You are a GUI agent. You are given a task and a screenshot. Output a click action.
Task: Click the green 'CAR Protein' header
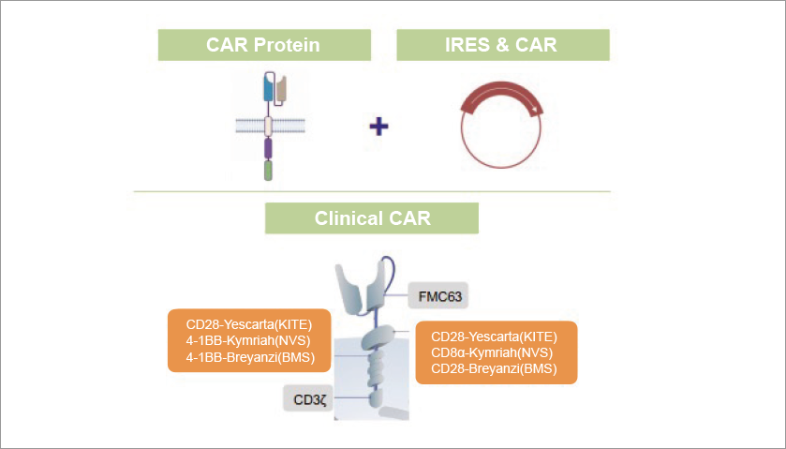pyautogui.click(x=264, y=45)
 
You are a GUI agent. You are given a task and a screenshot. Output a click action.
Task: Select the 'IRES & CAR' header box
pyautogui.click(x=503, y=45)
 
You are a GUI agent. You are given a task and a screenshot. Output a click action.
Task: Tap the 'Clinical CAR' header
pyautogui.click(x=372, y=218)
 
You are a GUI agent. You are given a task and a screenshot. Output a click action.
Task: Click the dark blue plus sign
pyautogui.click(x=378, y=126)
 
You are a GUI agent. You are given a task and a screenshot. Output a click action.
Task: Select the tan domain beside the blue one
pyautogui.click(x=280, y=91)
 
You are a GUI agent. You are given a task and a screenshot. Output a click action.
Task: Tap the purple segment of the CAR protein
pyautogui.click(x=268, y=148)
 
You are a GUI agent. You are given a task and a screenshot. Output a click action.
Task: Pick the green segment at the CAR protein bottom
pyautogui.click(x=268, y=171)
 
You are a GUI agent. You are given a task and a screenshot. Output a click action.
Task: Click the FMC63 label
pyautogui.click(x=435, y=297)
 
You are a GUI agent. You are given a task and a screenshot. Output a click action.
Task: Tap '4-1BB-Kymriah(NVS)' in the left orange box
pyautogui.click(x=249, y=340)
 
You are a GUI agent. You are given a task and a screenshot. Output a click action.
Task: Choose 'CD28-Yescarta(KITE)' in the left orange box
pyautogui.click(x=249, y=324)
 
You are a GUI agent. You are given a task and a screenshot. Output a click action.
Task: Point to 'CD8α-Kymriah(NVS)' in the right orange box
pyautogui.click(x=495, y=352)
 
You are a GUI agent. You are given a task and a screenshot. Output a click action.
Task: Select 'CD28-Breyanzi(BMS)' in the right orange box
pyautogui.click(x=495, y=368)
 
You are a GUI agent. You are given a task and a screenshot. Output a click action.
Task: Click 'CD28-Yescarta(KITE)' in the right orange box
pyautogui.click(x=495, y=337)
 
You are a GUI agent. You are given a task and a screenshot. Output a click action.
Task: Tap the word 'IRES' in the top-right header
pyautogui.click(x=466, y=45)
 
